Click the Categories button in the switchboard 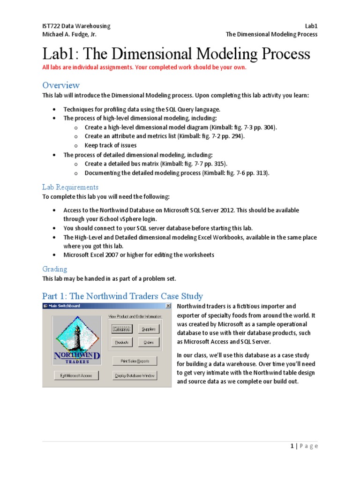[122, 330]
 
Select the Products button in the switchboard [122, 343]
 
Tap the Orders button [149, 343]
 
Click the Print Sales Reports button [135, 360]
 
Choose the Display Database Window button [135, 375]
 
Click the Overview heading [61, 85]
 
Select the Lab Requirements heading [70, 187]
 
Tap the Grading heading [54, 269]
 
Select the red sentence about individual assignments [144, 67]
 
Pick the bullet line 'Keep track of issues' [111, 145]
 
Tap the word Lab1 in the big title [60, 54]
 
